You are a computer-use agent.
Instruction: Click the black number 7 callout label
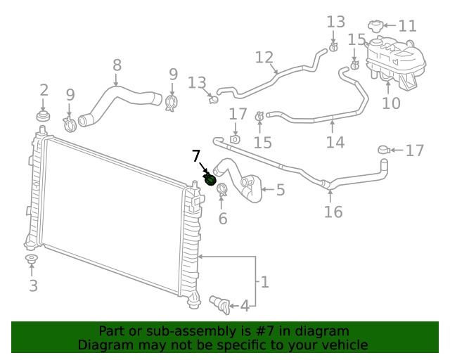pos(197,156)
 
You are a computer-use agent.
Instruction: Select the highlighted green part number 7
pos(210,180)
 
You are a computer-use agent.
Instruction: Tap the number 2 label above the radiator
pos(44,90)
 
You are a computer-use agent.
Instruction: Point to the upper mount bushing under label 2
pos(44,115)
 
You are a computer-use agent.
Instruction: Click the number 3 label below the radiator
pos(32,285)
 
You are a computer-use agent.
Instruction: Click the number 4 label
pos(244,306)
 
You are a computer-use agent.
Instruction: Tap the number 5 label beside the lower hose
pos(280,189)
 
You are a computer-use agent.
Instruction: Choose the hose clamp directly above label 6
pos(222,189)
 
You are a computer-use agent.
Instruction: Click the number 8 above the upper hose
pos(117,65)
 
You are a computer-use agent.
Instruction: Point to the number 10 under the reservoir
pos(391,103)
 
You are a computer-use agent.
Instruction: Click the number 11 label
pos(407,27)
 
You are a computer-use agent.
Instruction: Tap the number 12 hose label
pos(264,57)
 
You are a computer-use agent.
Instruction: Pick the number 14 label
pos(335,142)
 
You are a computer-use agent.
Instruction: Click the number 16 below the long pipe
pos(333,212)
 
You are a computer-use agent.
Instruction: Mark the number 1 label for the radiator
pos(264,283)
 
